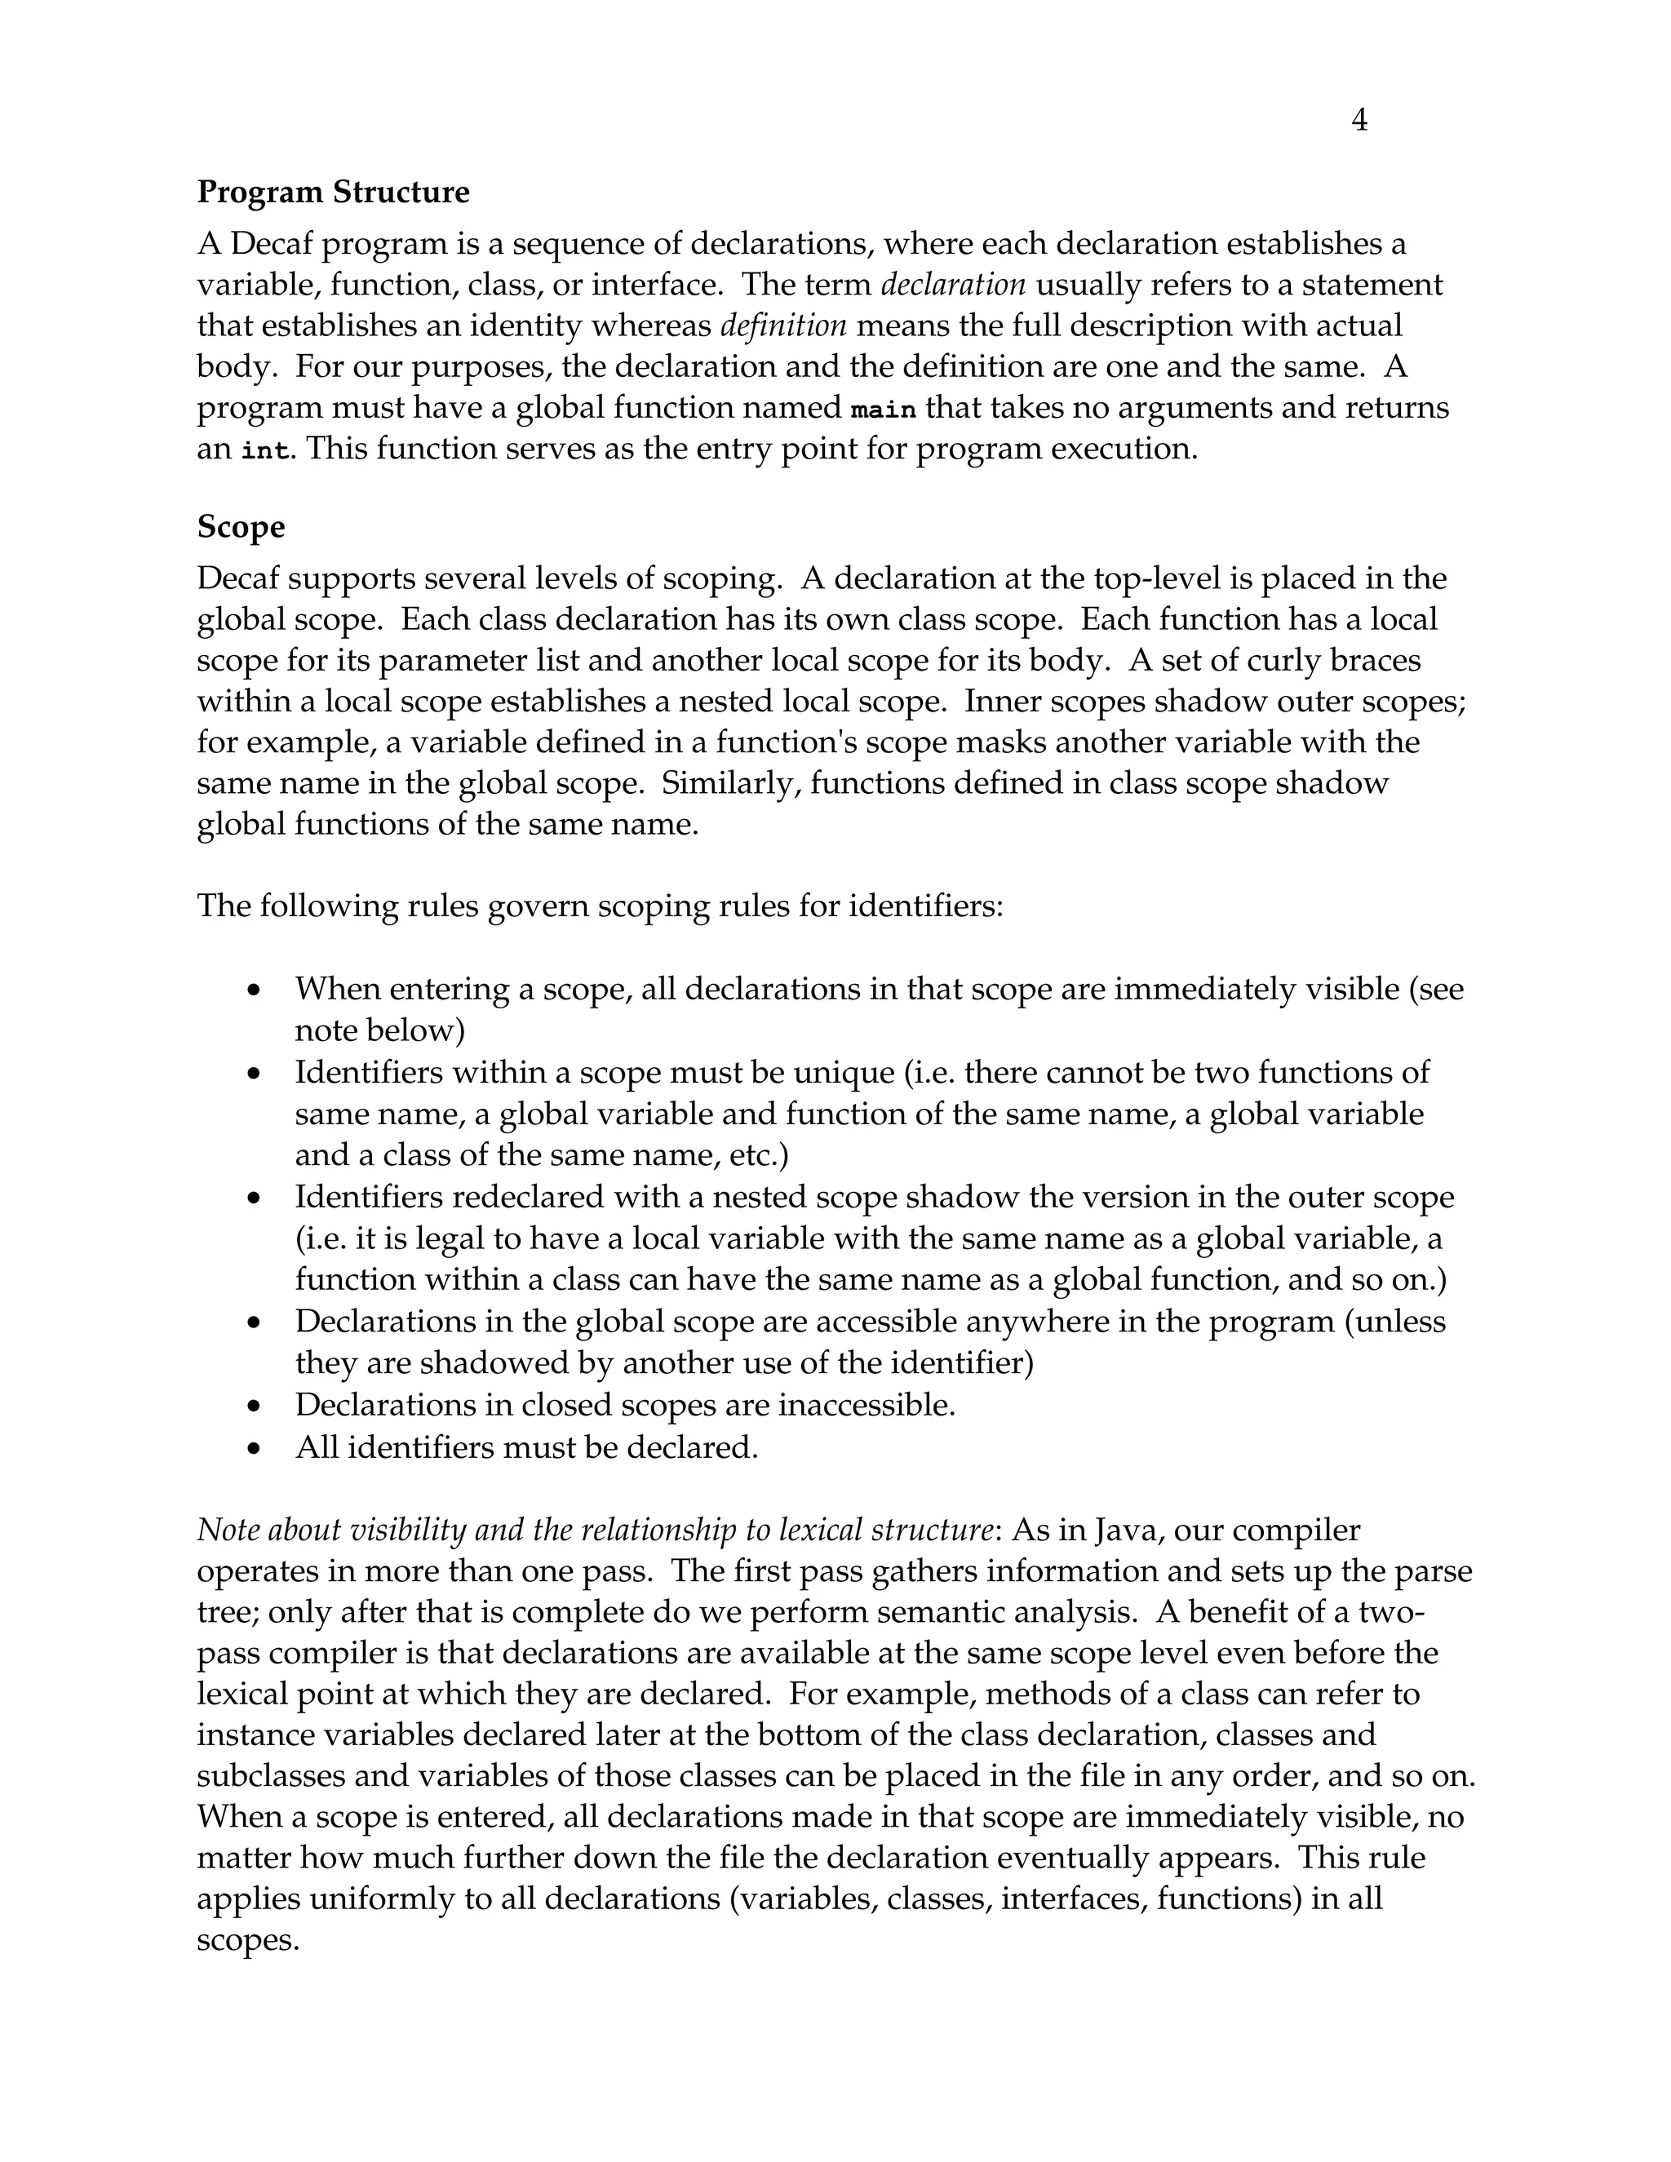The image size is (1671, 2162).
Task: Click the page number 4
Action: point(1359,121)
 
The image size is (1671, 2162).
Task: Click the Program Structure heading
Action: point(333,192)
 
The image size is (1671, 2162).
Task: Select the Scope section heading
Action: point(241,527)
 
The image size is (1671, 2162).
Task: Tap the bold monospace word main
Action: point(883,409)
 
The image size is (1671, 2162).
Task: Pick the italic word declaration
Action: point(952,285)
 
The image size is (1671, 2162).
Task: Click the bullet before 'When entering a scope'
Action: point(255,989)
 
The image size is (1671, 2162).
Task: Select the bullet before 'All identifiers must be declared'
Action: point(255,1448)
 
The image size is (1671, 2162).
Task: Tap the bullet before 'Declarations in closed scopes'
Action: point(255,1406)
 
